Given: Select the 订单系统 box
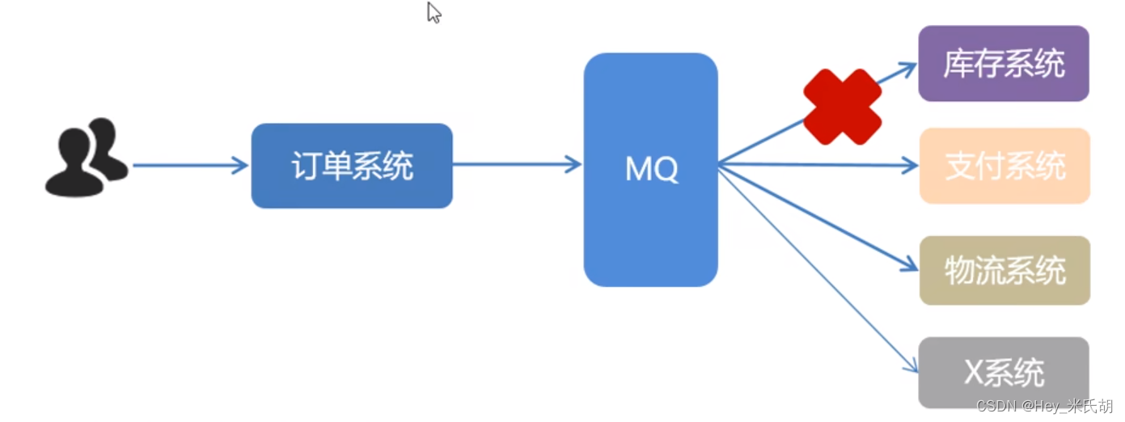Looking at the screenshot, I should point(352,166).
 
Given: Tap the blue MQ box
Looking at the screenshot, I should point(650,169).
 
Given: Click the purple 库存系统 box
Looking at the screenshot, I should point(1004,64).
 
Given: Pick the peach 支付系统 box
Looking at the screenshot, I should point(1004,167).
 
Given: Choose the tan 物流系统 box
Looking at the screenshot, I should point(1004,271).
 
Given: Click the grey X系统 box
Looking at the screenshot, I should point(1004,373).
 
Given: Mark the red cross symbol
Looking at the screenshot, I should point(842,107).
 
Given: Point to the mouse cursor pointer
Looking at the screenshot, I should point(434,12).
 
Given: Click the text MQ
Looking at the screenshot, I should point(651,169).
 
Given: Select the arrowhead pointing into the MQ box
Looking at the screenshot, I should point(575,165).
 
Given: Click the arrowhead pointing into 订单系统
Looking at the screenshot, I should point(241,166).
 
